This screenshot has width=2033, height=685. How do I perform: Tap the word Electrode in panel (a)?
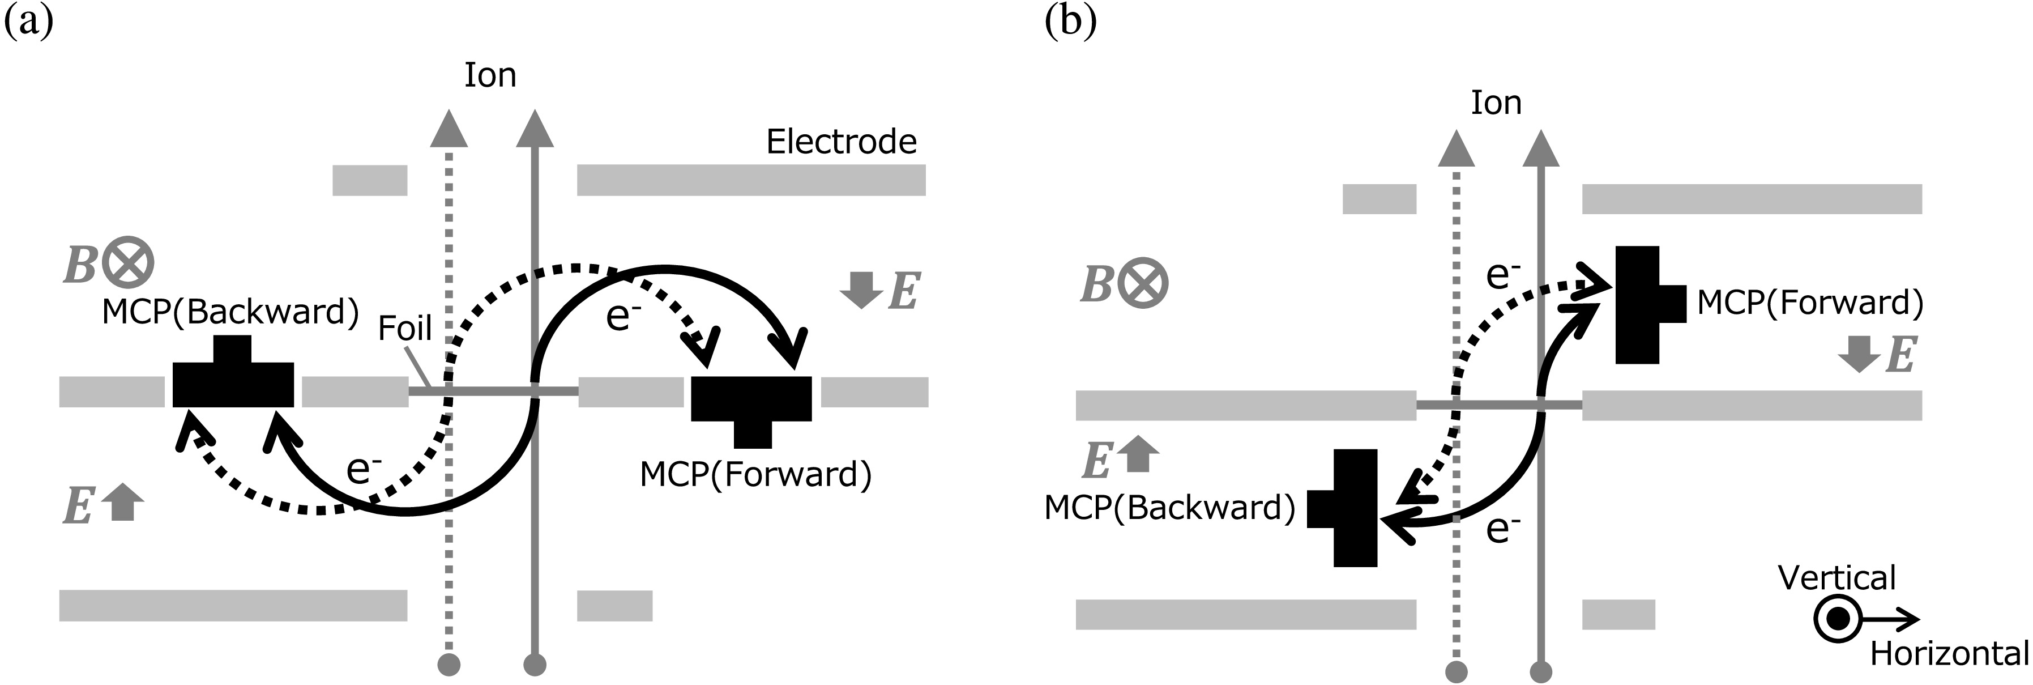842,142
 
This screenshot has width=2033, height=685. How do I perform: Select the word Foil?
404,328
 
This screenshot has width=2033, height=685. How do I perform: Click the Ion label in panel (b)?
1496,103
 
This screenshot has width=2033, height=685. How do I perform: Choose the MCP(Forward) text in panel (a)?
755,475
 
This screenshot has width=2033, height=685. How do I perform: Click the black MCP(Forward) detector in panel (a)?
751,402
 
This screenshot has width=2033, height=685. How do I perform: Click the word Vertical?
1836,578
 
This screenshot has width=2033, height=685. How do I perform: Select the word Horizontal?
1949,654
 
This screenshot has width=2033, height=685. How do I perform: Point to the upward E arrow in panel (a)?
122,503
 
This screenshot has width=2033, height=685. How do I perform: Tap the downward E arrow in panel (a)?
861,290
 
